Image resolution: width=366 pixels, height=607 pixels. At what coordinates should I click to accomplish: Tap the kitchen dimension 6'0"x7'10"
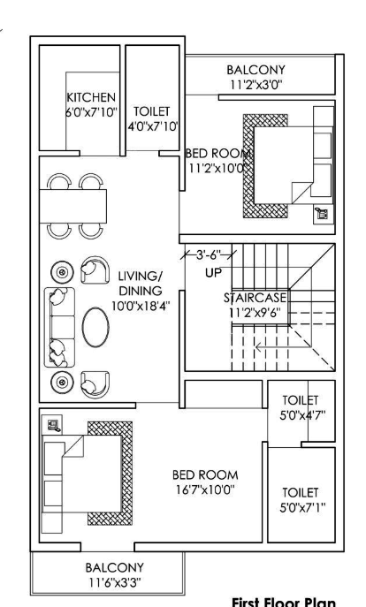pos(92,112)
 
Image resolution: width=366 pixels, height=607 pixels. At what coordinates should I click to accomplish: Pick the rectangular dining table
pos(74,206)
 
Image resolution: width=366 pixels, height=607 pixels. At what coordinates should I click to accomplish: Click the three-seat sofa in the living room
pos(57,326)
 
